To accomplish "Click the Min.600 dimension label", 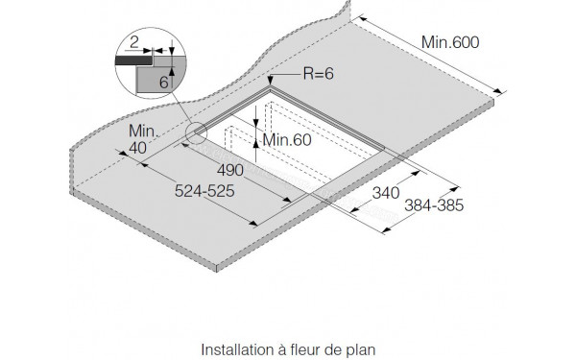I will coord(449,42).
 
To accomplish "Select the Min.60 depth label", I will coord(288,140).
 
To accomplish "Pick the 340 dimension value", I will coord(384,192).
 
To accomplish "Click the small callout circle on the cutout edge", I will coord(198,134).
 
